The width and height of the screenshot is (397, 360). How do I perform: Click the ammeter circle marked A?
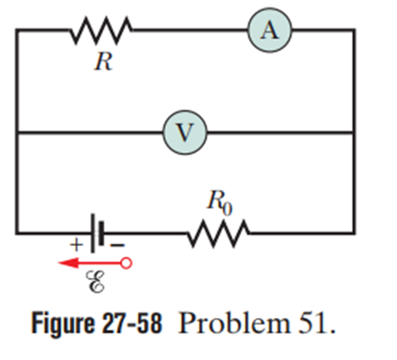click(x=269, y=30)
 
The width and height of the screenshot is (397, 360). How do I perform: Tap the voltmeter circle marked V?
click(x=185, y=132)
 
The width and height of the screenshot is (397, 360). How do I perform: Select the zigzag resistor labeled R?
click(x=101, y=30)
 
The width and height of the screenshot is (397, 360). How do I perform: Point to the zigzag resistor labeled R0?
click(x=218, y=233)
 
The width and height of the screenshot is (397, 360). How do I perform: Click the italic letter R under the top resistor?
click(x=104, y=61)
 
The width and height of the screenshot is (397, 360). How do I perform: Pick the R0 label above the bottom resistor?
click(x=220, y=202)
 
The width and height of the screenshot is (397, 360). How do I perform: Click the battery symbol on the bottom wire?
click(x=97, y=233)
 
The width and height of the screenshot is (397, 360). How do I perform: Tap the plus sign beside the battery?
click(x=76, y=245)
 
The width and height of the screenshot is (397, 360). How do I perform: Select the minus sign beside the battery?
click(x=117, y=245)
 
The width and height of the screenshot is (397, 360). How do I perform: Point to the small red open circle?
click(x=127, y=263)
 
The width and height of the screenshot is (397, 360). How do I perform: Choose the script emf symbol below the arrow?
click(x=95, y=281)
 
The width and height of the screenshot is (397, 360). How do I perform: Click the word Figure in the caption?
click(x=63, y=323)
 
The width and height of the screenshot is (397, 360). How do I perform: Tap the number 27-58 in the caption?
click(x=132, y=323)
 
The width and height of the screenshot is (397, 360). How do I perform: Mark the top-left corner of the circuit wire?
click(x=17, y=30)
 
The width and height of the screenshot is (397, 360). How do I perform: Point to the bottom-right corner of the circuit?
click(x=353, y=233)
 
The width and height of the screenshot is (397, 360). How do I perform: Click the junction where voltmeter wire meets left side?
click(x=17, y=132)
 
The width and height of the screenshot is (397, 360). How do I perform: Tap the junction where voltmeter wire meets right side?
click(x=353, y=132)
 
